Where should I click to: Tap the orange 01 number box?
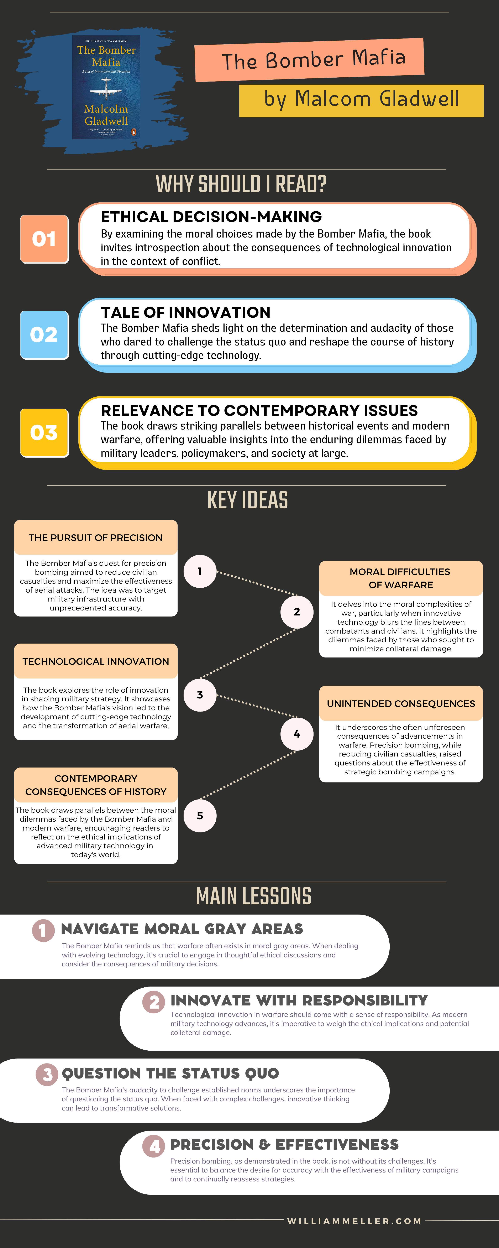coord(44,239)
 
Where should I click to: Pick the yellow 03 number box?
coord(44,433)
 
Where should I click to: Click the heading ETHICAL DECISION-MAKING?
coord(211,217)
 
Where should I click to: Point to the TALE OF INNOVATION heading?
coord(185,312)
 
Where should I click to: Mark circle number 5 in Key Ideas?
coord(200,816)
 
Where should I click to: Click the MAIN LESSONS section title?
coord(253,896)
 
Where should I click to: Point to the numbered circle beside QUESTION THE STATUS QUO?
coord(47,1075)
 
